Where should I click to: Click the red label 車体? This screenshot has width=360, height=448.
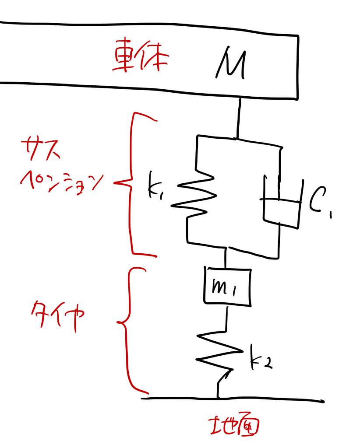tap(140, 55)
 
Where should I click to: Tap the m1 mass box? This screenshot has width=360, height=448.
tap(228, 287)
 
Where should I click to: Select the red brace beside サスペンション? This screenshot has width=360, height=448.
tap(131, 183)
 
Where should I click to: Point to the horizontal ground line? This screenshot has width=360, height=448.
tap(233, 399)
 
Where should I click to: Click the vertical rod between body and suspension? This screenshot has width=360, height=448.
tap(239, 118)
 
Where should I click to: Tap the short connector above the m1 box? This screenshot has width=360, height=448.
tap(226, 257)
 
